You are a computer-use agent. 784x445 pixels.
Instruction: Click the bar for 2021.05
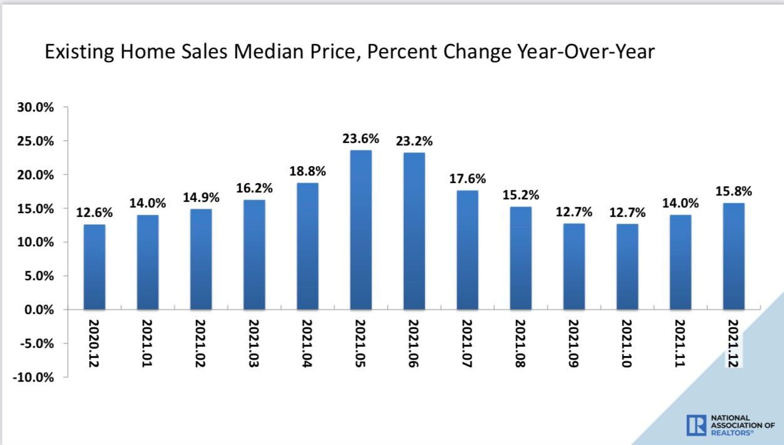[361, 230]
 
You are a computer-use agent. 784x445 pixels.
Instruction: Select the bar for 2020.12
[95, 267]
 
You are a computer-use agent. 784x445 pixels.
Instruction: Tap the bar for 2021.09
[574, 267]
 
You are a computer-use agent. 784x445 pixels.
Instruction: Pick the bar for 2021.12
[733, 256]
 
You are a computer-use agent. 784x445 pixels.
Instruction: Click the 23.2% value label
[414, 141]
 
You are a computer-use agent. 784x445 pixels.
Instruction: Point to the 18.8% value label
[307, 171]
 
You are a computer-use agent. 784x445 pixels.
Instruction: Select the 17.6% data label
[467, 179]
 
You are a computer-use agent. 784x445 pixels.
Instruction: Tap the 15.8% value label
[733, 191]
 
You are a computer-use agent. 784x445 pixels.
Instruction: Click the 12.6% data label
[95, 213]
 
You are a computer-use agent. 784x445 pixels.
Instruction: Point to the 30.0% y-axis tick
[36, 107]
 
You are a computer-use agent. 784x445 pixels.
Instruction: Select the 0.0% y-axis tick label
[38, 310]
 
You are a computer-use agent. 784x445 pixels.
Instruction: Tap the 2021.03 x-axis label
[254, 343]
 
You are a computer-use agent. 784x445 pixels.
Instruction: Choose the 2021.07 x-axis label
[467, 343]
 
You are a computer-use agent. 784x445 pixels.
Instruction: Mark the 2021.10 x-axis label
[627, 343]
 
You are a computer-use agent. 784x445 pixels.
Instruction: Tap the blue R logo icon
[696, 424]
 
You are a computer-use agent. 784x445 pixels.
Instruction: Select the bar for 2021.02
[201, 259]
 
